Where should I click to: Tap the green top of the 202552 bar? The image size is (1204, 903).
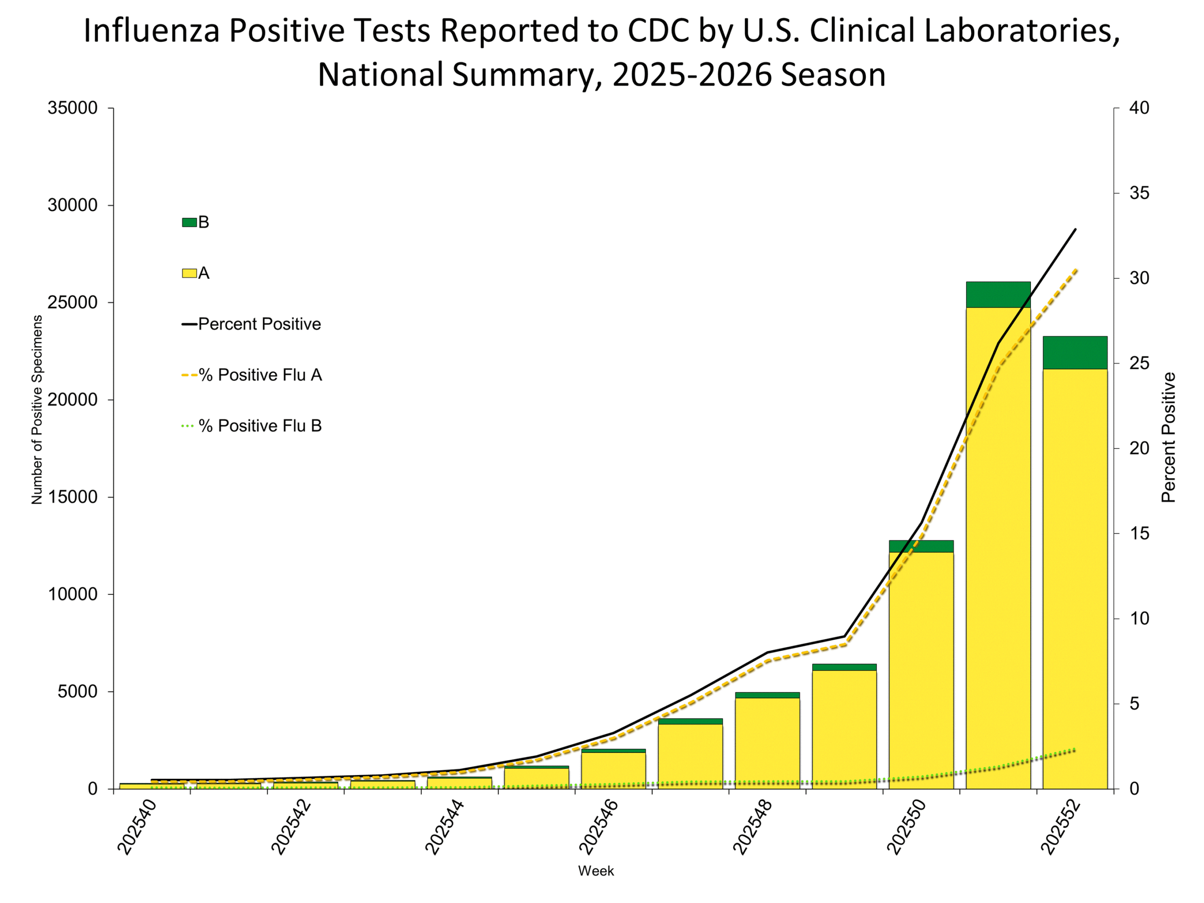point(1075,353)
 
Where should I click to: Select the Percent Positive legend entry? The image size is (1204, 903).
point(259,324)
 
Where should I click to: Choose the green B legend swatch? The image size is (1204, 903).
point(189,222)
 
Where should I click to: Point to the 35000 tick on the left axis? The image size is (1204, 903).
point(72,108)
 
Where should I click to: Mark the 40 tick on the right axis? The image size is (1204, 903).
point(1139,108)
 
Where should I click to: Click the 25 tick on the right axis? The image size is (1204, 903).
point(1139,363)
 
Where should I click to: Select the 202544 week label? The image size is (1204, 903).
point(444,827)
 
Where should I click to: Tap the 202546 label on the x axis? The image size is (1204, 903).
point(598,827)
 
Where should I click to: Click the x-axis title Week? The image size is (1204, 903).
point(595,871)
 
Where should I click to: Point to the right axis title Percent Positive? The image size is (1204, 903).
point(1168,437)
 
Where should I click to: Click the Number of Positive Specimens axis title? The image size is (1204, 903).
point(37,409)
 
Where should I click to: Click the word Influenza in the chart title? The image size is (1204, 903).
point(151,31)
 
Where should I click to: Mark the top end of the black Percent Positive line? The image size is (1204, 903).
point(1076,229)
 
